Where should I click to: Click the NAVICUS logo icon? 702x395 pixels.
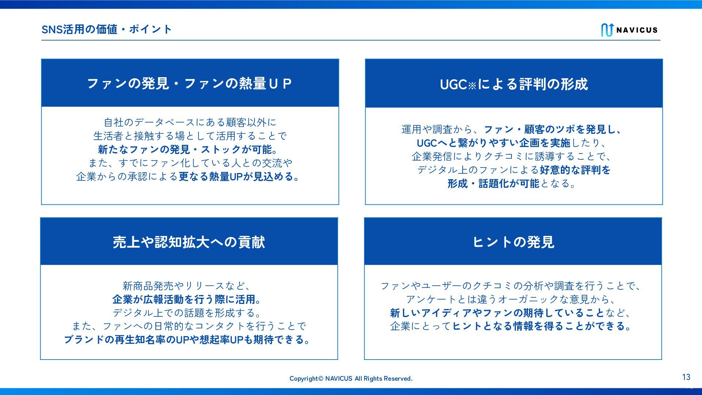coord(607,30)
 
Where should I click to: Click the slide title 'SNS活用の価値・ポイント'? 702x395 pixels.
coord(106,29)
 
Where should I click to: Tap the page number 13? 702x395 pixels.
coord(686,377)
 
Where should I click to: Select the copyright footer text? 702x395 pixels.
coord(351,379)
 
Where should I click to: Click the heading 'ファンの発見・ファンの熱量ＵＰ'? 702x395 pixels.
coord(189,84)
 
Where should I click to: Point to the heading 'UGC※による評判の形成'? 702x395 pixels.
coord(514,84)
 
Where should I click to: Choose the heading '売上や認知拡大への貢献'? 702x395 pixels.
coord(189,242)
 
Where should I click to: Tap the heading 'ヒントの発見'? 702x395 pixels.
coord(513,242)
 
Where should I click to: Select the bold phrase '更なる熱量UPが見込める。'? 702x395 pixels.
coord(240,177)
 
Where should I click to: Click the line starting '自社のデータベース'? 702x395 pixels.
coord(190,122)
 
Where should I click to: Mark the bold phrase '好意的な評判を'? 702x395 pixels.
coord(575,170)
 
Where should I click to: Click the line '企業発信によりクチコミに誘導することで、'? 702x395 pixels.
coord(513,157)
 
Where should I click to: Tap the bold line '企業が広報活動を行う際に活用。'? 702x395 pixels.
coord(188,300)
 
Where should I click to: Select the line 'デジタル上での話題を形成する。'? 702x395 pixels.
coord(188,313)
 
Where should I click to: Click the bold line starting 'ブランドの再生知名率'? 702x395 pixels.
coord(188,340)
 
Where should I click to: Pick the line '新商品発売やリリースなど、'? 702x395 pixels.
coord(188,286)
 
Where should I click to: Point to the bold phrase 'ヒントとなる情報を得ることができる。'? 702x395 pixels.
coord(543,326)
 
